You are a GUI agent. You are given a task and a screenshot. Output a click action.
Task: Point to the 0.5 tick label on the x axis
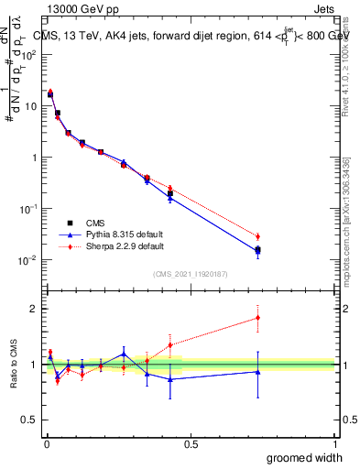tap(190, 444)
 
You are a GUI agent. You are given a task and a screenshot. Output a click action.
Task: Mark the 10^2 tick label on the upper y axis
tap(27, 54)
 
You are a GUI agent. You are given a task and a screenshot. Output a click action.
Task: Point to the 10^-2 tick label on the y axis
tap(27, 260)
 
